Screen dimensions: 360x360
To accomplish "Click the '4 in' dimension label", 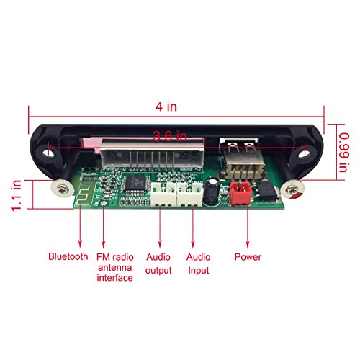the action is (166, 107).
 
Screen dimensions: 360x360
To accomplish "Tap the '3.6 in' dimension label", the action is (170, 136).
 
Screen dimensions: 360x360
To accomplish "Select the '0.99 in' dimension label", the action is (343, 153).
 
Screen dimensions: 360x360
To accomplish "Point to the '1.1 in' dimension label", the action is (17, 195).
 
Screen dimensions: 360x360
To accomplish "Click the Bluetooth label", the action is (68, 256).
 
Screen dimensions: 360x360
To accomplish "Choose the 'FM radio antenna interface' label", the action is (115, 267).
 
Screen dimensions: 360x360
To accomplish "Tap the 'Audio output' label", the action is (158, 264).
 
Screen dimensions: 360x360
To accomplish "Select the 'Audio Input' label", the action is (199, 264).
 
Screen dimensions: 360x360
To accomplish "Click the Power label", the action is (248, 257).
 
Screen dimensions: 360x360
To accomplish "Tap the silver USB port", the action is (243, 158).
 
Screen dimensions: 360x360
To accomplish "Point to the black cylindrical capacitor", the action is (212, 192).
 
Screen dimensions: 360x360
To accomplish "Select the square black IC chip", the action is (135, 185).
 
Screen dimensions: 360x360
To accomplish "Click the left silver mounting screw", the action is (62, 189).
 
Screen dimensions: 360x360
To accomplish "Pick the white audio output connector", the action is (163, 194).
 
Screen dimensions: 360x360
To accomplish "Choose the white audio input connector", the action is (190, 194).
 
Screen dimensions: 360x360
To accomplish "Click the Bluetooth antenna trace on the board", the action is (84, 190).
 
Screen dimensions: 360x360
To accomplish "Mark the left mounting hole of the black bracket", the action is (49, 153).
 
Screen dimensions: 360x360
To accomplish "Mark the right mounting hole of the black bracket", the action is (303, 153).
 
